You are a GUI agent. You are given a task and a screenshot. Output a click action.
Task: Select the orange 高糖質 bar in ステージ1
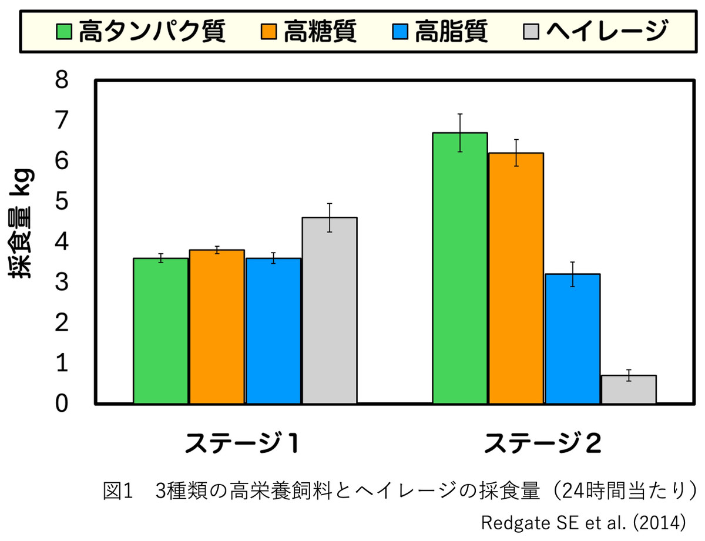pyautogui.click(x=217, y=327)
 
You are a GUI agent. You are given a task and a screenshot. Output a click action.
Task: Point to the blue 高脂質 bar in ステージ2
pyautogui.click(x=573, y=338)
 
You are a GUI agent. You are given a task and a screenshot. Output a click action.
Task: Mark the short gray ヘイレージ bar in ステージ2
pyautogui.click(x=629, y=389)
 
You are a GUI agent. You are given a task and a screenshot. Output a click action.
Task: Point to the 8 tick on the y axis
pyautogui.click(x=62, y=80)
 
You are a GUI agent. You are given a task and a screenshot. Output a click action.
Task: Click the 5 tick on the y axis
pyautogui.click(x=62, y=201)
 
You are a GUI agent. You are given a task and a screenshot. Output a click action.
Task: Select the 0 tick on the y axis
pyautogui.click(x=62, y=404)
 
